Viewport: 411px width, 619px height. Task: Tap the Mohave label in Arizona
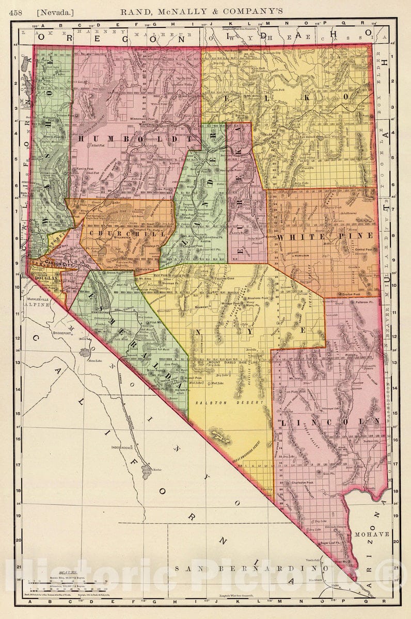(372, 534)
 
